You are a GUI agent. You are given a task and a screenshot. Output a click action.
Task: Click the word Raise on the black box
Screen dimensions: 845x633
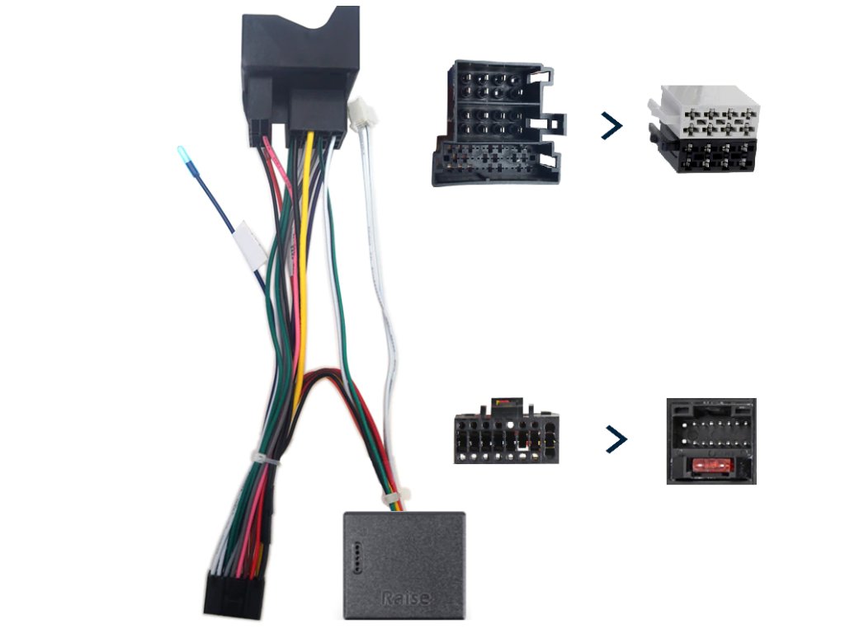tap(405, 597)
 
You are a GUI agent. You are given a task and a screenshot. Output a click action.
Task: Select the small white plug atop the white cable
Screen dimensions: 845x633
tap(360, 113)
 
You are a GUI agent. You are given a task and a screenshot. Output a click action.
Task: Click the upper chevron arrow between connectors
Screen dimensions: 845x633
tap(611, 126)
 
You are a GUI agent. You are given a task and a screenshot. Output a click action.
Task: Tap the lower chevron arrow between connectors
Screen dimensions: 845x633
tap(616, 439)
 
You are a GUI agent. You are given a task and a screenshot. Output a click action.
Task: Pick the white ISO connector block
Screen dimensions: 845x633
tap(706, 108)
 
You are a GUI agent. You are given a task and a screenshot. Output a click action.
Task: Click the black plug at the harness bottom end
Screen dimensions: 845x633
tap(233, 595)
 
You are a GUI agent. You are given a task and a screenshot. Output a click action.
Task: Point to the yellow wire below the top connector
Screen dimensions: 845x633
tap(303, 247)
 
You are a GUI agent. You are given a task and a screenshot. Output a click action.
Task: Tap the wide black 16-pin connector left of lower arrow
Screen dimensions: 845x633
tap(505, 435)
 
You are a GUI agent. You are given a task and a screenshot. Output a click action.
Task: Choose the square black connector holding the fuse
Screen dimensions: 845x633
tap(710, 441)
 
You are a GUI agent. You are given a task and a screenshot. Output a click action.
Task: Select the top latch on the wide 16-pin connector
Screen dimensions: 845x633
tap(504, 405)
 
